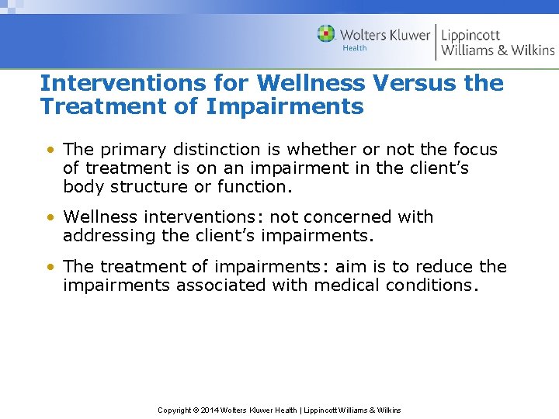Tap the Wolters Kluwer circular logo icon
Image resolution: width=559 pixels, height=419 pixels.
point(327,34)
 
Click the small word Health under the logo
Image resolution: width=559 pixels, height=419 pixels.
point(354,48)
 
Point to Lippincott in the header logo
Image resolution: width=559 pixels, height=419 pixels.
point(470,35)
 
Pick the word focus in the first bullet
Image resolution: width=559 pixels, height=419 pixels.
point(473,149)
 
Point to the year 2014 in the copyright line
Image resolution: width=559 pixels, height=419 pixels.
point(210,410)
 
